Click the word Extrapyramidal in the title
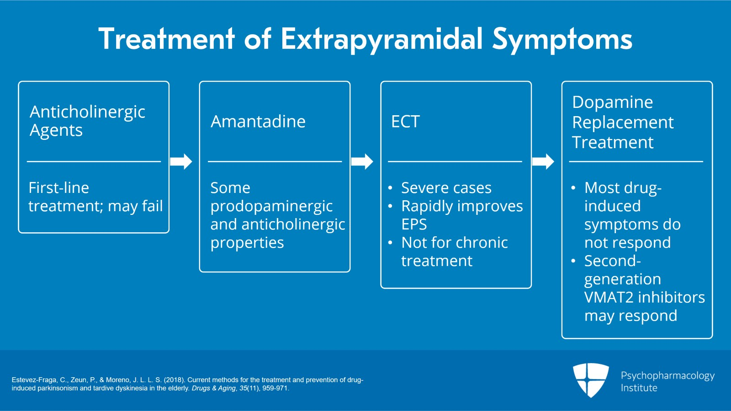381,39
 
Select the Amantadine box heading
258,122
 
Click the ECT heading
405,122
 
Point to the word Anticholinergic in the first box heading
87,112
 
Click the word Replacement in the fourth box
623,123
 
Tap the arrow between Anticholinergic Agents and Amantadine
181,161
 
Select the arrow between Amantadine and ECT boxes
362,161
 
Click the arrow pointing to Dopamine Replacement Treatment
543,161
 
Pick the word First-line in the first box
58,188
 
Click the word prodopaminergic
271,206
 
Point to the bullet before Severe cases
390,188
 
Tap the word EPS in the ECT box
414,224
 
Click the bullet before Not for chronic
390,243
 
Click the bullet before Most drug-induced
573,188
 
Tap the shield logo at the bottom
591,380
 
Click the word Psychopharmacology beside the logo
667,376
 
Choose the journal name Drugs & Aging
213,389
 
